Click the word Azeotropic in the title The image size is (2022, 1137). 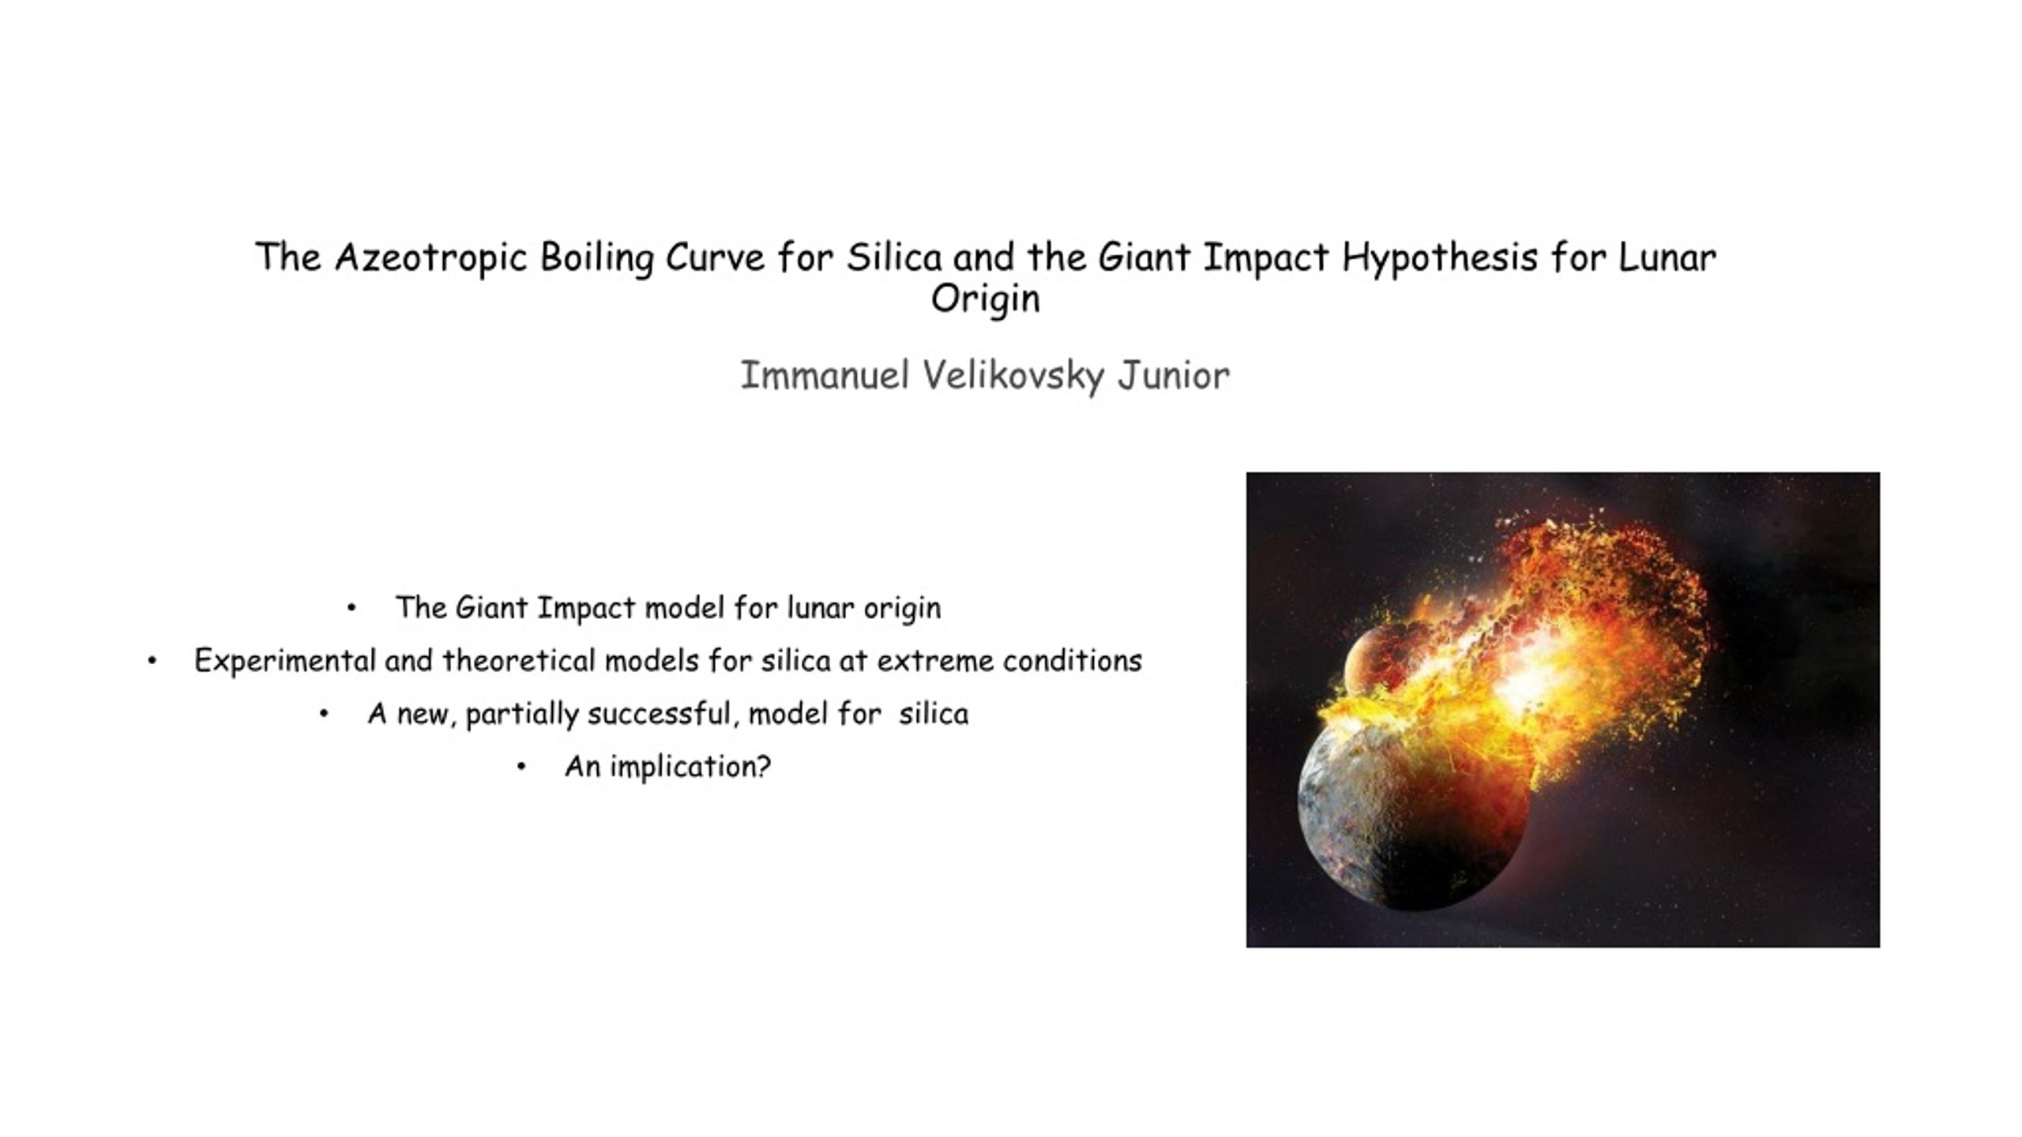coord(430,258)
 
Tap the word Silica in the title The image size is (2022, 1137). coord(894,258)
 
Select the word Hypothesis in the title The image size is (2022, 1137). coord(1439,258)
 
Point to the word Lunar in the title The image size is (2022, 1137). coord(1667,258)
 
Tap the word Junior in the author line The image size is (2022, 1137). coord(1173,376)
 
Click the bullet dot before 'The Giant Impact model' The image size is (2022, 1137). coord(351,608)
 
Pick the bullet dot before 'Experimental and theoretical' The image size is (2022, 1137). coord(152,661)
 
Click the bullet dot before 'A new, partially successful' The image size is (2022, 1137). coord(324,714)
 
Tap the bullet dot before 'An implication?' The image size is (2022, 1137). coord(521,767)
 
